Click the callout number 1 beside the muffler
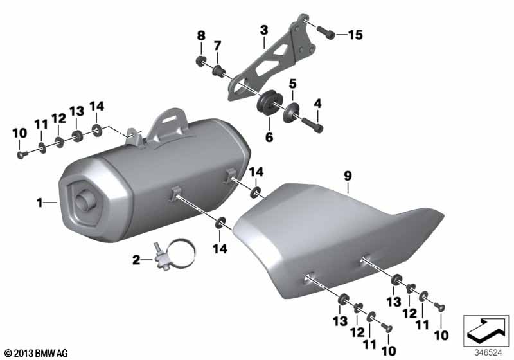point(40,203)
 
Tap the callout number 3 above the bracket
point(264,30)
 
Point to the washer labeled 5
point(290,113)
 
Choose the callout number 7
point(218,46)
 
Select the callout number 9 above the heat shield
point(348,176)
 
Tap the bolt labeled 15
point(326,32)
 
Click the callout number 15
point(355,35)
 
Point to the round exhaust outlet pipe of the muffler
point(84,201)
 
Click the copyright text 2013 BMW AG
point(37,354)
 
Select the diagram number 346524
point(488,353)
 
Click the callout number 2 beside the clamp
point(136,260)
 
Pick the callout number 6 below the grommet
point(269,137)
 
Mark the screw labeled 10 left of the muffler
point(21,155)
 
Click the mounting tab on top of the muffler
point(168,126)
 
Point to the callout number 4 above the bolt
point(317,104)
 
